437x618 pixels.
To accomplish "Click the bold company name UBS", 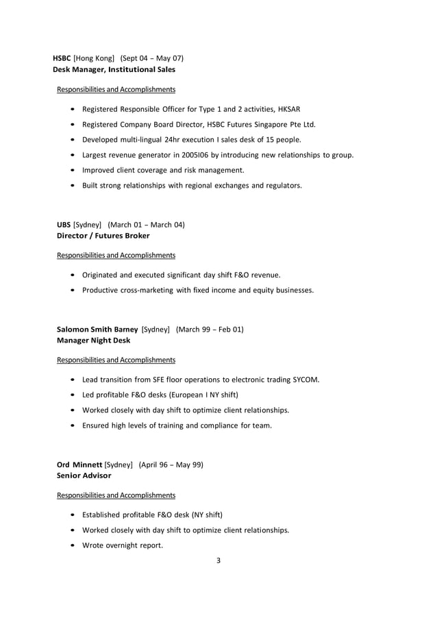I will [x=64, y=224].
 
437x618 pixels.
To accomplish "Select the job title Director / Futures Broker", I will [x=103, y=235].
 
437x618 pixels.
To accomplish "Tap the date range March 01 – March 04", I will [x=146, y=224].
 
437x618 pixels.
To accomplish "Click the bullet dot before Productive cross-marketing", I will [x=73, y=291].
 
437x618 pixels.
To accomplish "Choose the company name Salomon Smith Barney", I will [x=97, y=329].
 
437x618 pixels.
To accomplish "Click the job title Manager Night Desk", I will [x=93, y=340].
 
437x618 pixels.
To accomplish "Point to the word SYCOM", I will [x=305, y=379].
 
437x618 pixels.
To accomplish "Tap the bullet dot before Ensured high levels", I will [x=73, y=425].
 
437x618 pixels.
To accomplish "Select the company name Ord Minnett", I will [x=79, y=464].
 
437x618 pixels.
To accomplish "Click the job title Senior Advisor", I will [x=84, y=475].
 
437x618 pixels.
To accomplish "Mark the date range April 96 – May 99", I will [x=171, y=464].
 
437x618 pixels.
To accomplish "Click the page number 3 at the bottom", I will [x=218, y=561].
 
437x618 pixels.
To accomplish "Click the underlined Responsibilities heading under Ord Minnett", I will [x=116, y=495].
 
